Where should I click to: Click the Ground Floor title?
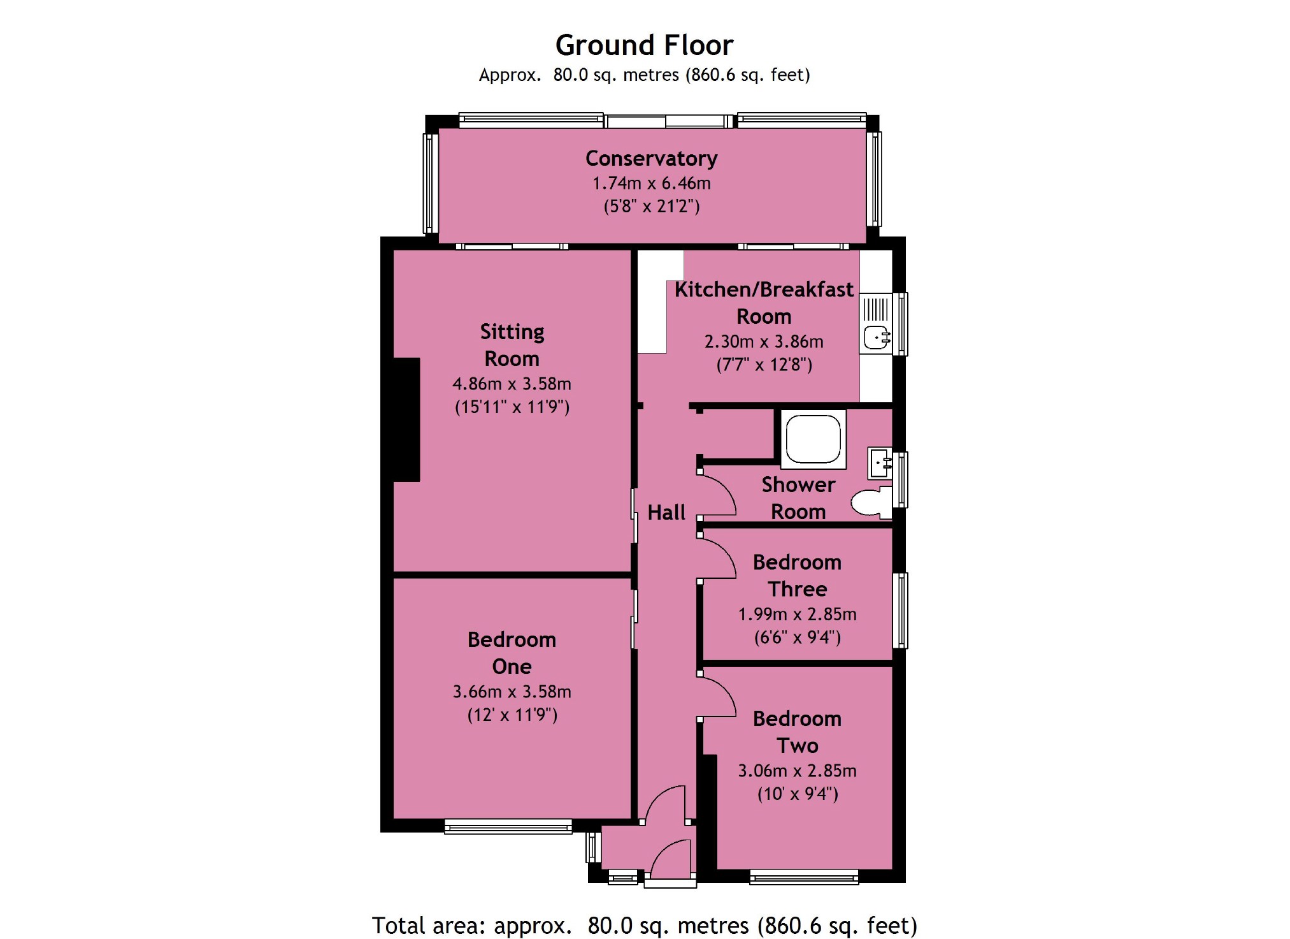[644, 45]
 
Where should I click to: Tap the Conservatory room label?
[652, 158]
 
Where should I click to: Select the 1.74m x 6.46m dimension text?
[652, 184]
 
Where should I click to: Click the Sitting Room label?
[512, 345]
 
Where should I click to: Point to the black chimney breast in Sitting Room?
[406, 419]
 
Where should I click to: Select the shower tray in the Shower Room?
[813, 439]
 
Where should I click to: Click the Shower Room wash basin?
[880, 463]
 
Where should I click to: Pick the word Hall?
[666, 513]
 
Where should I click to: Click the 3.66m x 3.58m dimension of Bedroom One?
[512, 692]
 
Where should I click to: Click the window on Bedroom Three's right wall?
[900, 611]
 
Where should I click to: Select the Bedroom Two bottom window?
[804, 878]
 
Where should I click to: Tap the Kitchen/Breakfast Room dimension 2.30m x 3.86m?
[764, 342]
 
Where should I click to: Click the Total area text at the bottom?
[644, 925]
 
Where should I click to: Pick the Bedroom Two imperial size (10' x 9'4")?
[798, 794]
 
